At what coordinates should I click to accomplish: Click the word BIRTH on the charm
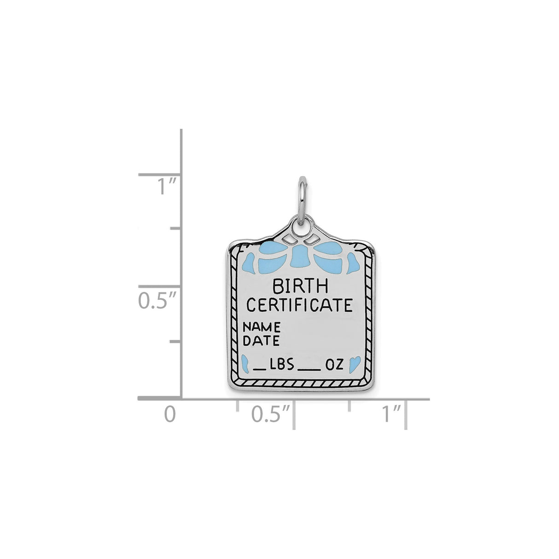[300, 286]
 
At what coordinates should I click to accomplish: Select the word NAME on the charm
[262, 327]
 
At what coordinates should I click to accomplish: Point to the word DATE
[261, 341]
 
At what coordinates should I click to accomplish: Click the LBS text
[282, 366]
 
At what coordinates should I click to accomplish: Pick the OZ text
[334, 366]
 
